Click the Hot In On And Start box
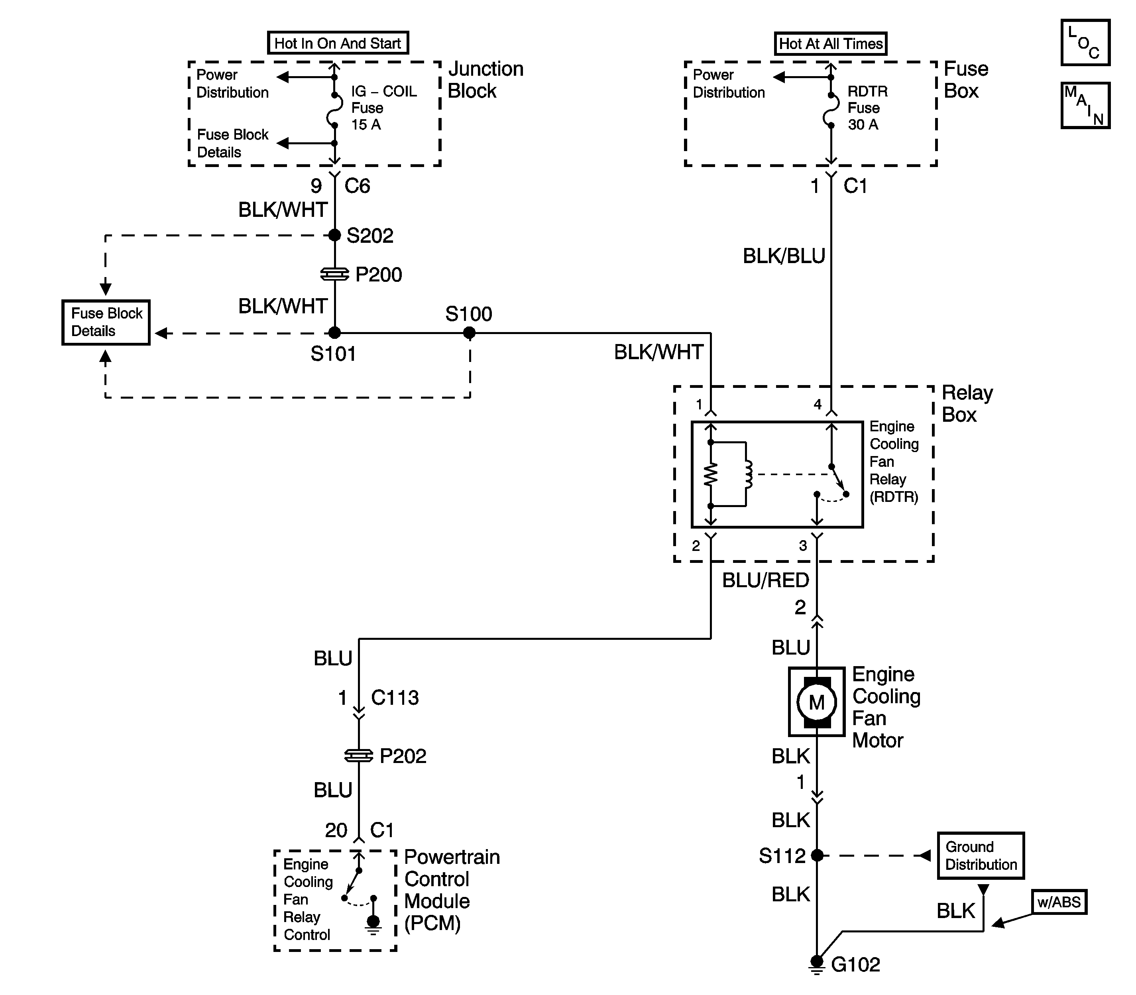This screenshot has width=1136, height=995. point(338,43)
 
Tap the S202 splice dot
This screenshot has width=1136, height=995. point(334,236)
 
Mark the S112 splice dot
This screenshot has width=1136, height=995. point(817,855)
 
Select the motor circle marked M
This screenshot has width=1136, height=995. point(817,702)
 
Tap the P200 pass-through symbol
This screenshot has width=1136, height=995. point(335,274)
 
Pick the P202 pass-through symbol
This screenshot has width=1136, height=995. point(359,756)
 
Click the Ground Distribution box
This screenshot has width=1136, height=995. point(981,855)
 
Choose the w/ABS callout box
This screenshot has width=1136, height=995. point(1059,902)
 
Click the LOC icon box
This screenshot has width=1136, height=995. point(1085,42)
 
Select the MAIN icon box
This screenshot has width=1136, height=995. point(1085,106)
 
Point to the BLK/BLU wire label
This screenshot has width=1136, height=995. point(784,256)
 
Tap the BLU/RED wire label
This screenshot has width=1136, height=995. point(766,580)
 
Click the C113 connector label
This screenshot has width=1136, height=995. point(395,697)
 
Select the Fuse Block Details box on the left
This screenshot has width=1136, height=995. point(106,322)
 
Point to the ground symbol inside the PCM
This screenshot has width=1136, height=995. point(373,925)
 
